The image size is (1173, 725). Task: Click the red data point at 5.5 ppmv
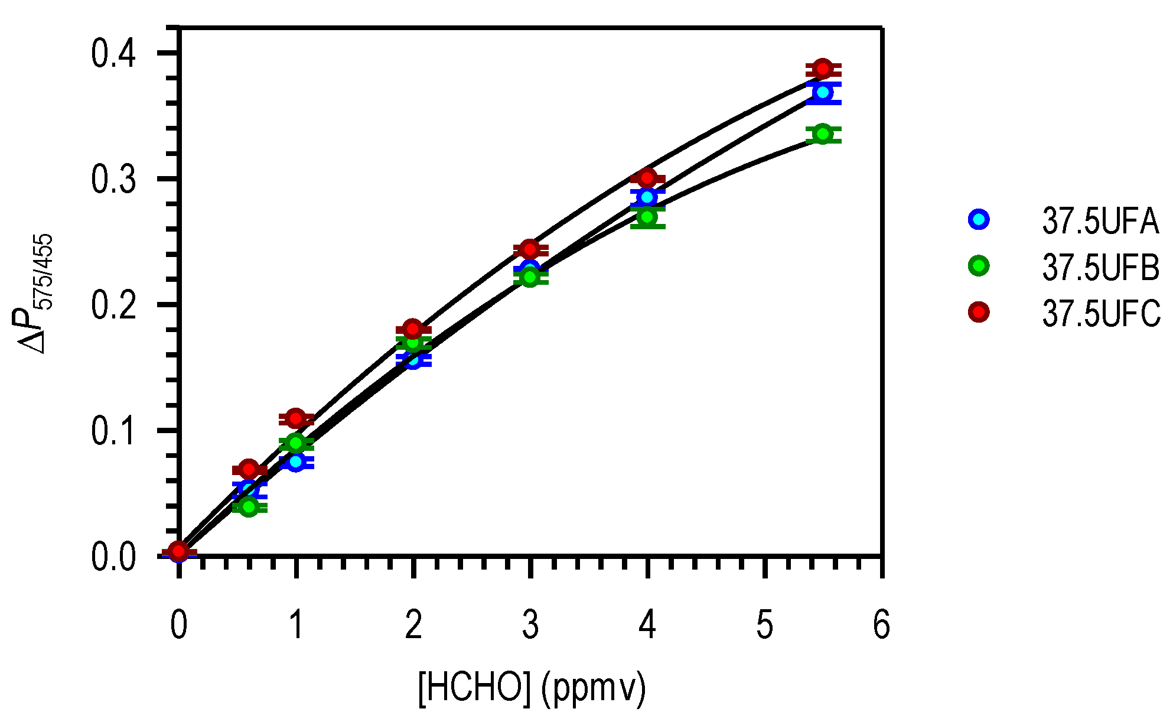pos(823,69)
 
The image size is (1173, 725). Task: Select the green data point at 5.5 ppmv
pos(823,134)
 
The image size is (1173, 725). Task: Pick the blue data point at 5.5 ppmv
pos(823,93)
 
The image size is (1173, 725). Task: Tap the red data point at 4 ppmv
pos(647,178)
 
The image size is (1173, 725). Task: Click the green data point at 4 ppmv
pos(647,217)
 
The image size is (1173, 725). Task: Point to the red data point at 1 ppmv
pos(296,419)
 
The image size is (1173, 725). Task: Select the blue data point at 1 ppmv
pos(296,461)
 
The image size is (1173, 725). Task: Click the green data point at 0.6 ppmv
pos(249,506)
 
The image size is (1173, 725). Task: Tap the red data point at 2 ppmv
pos(413,329)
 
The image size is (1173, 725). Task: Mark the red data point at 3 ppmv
pos(530,249)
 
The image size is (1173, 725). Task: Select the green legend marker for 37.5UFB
pos(979,266)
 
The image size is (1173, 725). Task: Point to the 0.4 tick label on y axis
pos(113,53)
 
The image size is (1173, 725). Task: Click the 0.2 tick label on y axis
pos(113,305)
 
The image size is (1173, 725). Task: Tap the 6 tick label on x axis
pos(881,625)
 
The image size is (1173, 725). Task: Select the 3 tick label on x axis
pos(530,625)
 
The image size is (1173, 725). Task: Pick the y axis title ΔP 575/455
pos(37,294)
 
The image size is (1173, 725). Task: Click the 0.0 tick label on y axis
pos(113,557)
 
